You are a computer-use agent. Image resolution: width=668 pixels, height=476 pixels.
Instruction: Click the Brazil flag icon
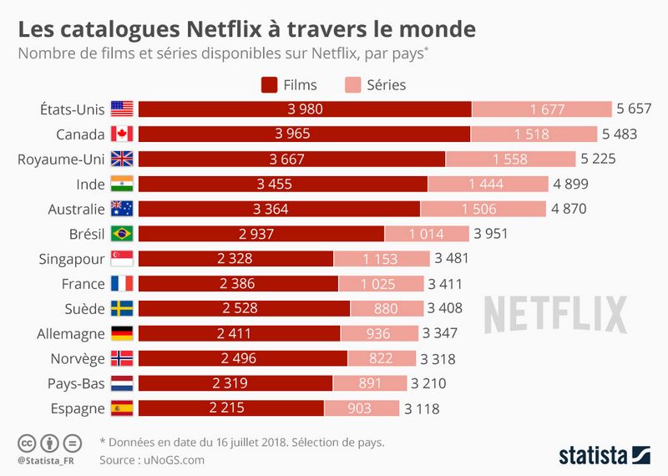point(122,233)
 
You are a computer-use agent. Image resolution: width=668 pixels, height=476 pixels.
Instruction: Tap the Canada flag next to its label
point(122,134)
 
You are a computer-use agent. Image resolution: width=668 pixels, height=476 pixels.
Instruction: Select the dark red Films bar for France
point(237,283)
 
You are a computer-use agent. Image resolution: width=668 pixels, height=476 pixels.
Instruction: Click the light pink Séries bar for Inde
point(486,184)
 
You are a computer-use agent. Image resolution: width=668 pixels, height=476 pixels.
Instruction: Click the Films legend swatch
point(269,84)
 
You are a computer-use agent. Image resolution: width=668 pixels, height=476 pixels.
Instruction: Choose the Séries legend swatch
point(352,84)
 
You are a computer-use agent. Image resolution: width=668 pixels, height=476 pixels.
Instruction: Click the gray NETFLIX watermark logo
point(555,313)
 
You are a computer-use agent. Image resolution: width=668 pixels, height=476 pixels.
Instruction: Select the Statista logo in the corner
point(604,455)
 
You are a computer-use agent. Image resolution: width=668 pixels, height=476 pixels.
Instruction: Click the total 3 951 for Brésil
point(490,233)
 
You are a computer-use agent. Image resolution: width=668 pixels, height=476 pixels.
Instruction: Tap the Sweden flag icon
point(122,308)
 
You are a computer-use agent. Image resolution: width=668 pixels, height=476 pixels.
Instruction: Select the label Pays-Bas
point(78,383)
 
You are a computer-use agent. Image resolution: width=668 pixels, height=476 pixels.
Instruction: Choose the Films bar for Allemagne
point(239,333)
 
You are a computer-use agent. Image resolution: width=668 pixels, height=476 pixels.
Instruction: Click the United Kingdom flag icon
point(122,159)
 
